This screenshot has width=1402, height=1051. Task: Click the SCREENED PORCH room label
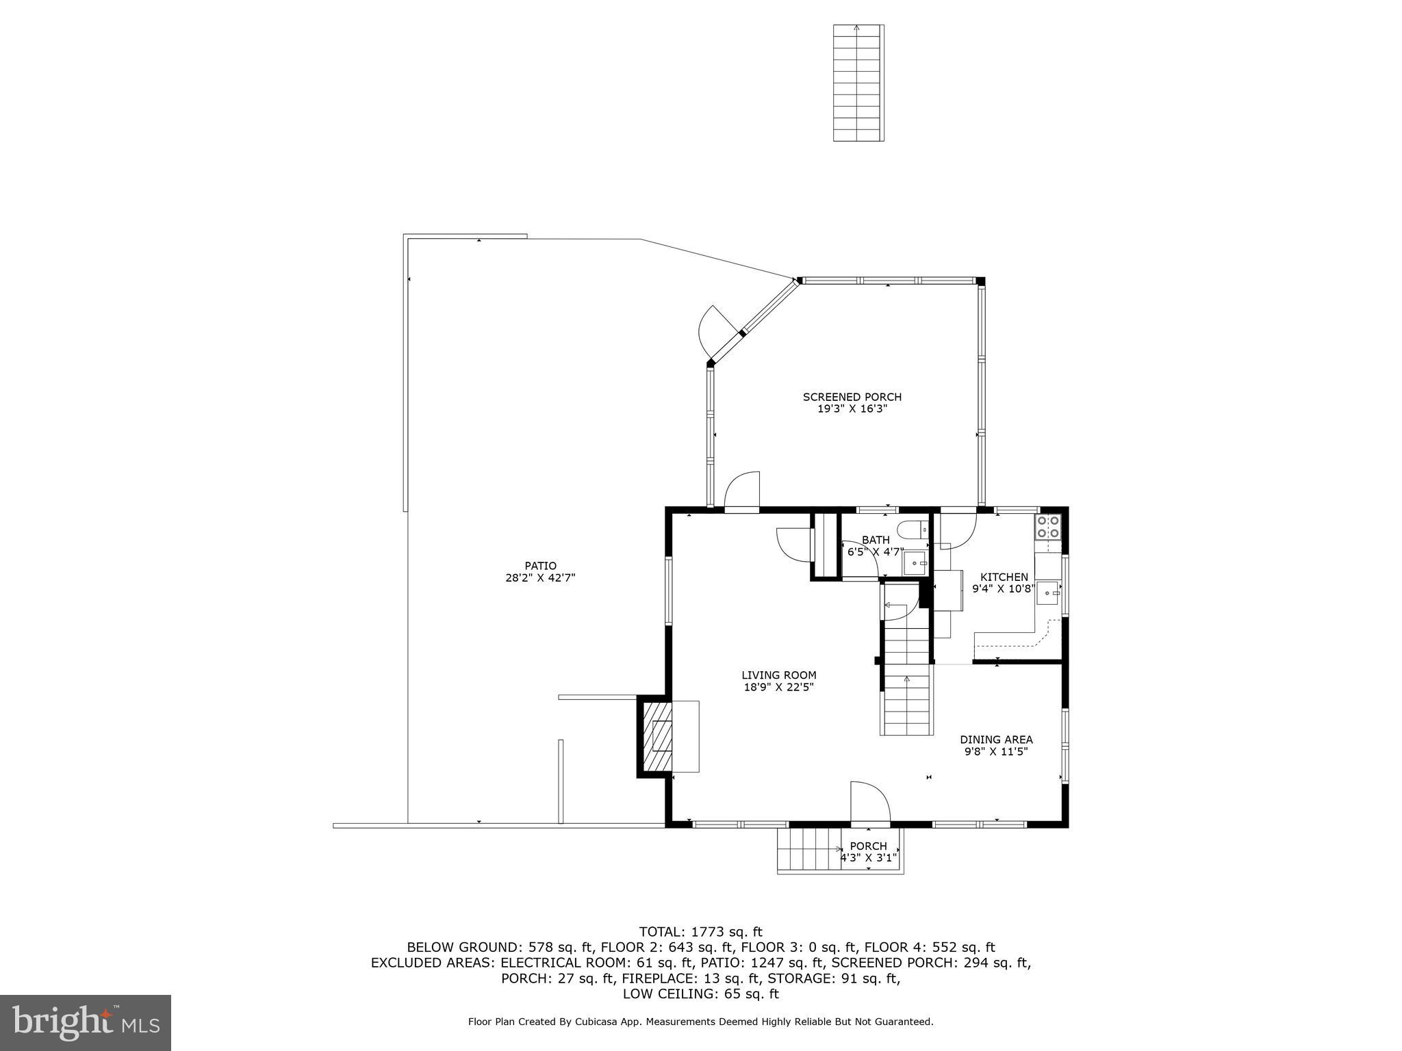coord(852,397)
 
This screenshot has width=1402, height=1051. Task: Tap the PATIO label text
coord(540,566)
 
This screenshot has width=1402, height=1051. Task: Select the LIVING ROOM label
coord(778,675)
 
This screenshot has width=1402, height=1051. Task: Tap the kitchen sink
coord(1047,593)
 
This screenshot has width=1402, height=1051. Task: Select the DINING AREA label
coord(995,740)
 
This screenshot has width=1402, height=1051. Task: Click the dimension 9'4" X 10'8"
coord(1003,588)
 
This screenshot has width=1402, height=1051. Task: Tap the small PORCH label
coord(868,846)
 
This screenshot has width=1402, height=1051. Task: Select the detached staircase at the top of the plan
coord(858,83)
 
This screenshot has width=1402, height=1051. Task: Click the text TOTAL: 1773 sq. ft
coord(700,931)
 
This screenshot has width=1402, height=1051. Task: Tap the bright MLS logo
coord(86,1022)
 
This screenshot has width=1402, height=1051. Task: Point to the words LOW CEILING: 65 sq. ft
coord(700,994)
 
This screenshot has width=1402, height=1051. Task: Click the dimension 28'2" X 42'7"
coord(540,578)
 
